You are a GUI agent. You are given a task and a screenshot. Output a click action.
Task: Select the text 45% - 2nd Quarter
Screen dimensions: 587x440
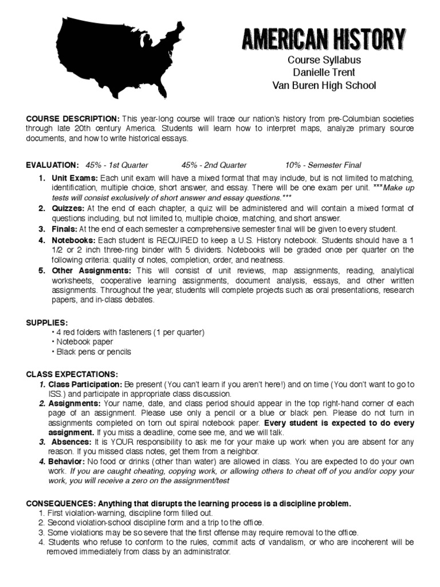(214, 165)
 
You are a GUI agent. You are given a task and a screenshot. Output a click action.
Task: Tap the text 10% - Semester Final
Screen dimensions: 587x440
(323, 165)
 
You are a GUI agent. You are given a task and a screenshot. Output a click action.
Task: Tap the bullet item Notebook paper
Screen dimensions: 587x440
(84, 342)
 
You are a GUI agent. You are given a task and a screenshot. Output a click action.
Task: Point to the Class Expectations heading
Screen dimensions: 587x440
(72, 374)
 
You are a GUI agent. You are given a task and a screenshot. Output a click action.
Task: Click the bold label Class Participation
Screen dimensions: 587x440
(85, 384)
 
